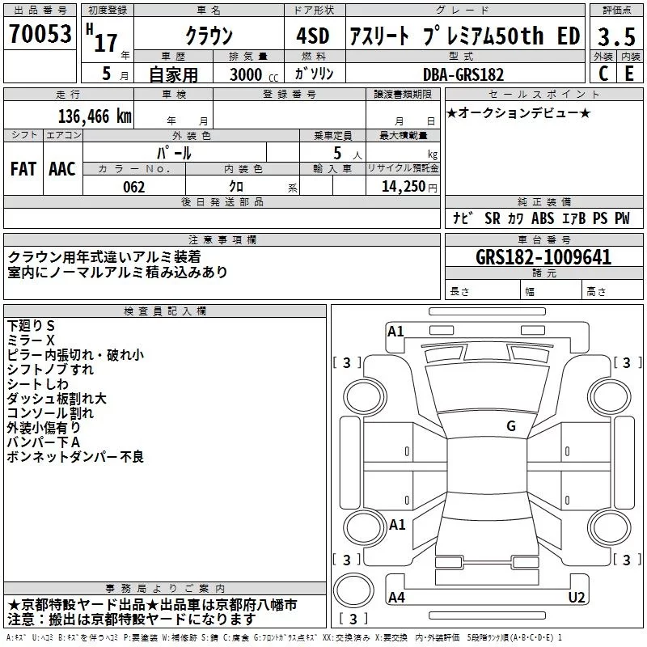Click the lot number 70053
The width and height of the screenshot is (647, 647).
coord(40,34)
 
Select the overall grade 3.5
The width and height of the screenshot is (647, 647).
coord(616,36)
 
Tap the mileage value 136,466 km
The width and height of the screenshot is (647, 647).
coord(95,116)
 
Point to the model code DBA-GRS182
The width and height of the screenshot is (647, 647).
coord(463,74)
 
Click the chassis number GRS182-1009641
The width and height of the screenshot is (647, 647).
coord(543,257)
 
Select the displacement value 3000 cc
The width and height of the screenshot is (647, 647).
coord(254,74)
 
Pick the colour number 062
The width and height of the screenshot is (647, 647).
coord(134,187)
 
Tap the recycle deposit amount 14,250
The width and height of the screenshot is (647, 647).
coord(403,187)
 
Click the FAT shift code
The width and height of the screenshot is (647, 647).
coord(23,169)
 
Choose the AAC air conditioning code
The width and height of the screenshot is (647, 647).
coord(62,169)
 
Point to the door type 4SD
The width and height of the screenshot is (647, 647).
coord(313,36)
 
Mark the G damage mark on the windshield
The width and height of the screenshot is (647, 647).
coord(511,426)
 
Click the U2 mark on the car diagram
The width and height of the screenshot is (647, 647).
coord(577,597)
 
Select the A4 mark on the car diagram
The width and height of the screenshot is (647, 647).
coord(396,597)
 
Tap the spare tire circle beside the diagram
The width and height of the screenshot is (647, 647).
coord(353,590)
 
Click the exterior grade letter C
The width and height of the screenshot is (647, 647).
coord(603,74)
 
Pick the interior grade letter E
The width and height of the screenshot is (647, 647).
coord(629,74)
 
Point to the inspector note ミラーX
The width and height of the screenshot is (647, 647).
coord(31,340)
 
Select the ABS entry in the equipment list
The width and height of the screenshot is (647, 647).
coord(543,218)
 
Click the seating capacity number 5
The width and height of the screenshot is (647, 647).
coord(337,153)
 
